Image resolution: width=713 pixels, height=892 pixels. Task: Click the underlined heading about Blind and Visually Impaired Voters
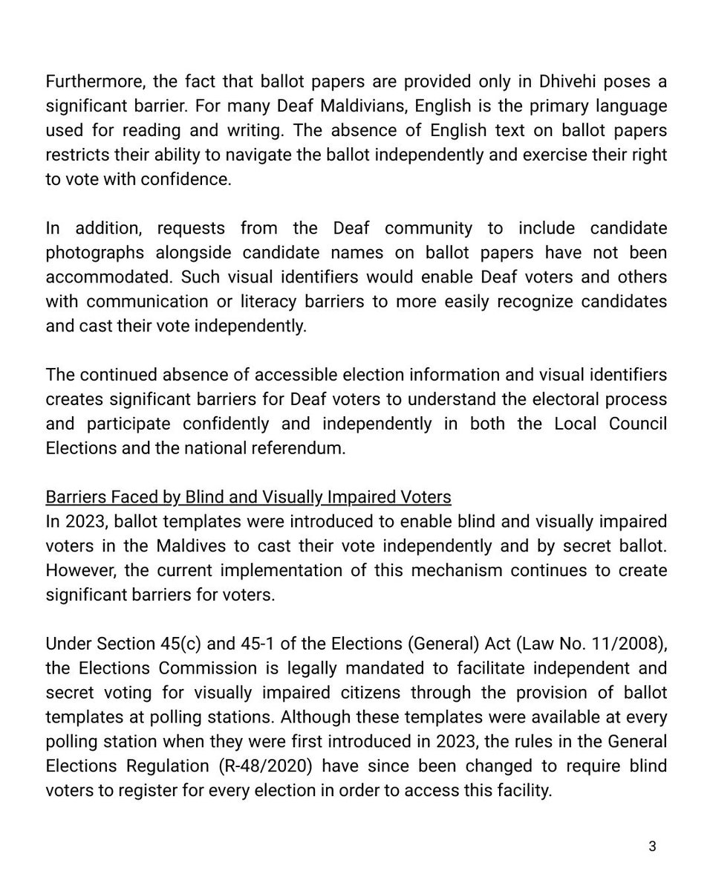tap(248, 497)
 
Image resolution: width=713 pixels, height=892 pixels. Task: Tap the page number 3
tap(652, 847)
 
